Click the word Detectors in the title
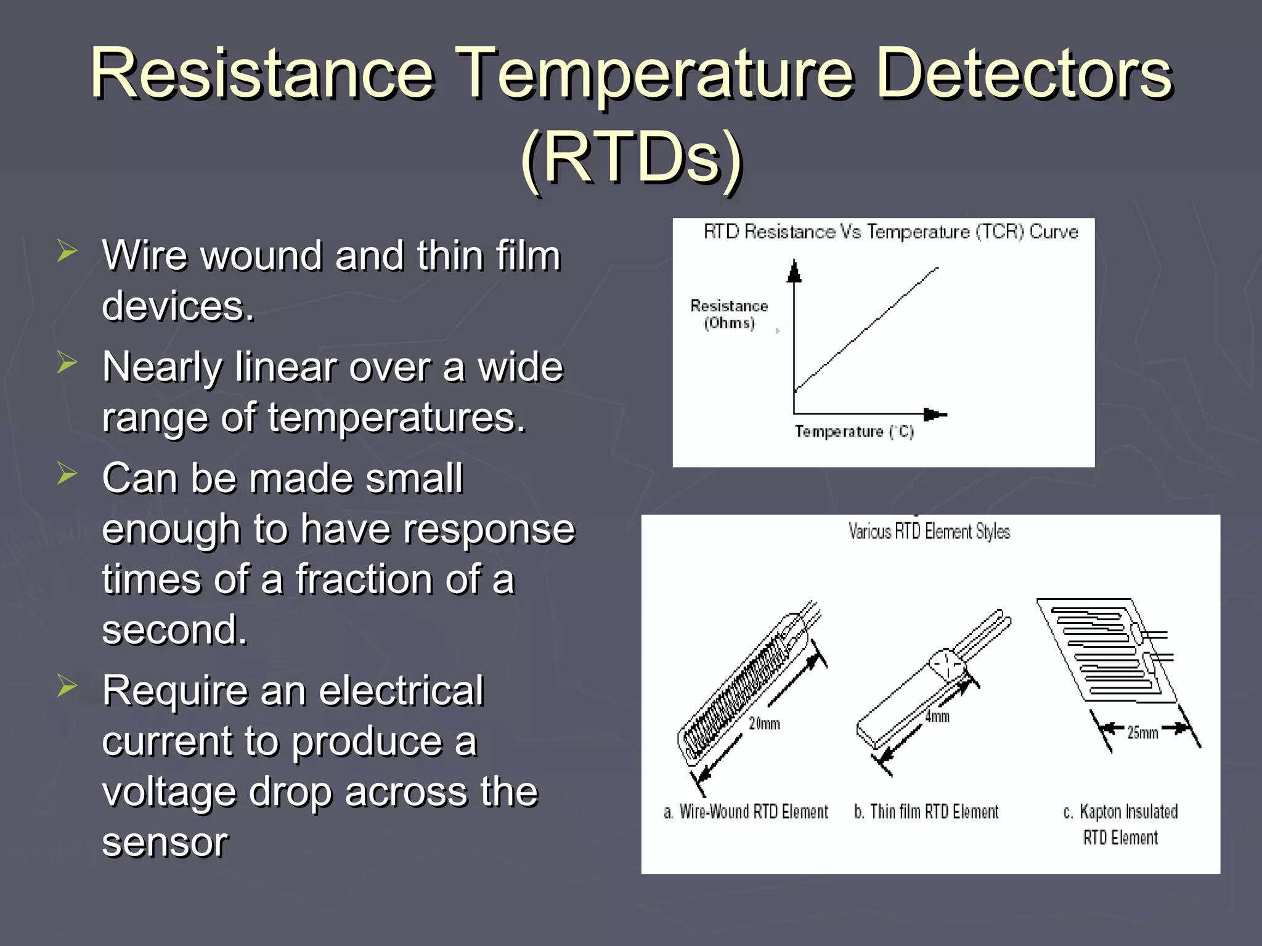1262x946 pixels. pos(1023,74)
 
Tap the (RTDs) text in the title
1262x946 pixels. pos(631,159)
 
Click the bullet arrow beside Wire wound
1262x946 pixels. pos(67,251)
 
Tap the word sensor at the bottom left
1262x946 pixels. pos(165,842)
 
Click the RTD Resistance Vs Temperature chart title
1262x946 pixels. pos(890,232)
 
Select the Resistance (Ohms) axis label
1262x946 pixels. pos(729,314)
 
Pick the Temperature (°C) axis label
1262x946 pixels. pos(853,432)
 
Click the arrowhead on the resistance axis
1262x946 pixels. pos(794,271)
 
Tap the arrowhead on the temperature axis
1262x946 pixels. pos(934,414)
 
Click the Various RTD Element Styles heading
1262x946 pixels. pos(929,532)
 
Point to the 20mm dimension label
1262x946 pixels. pos(764,724)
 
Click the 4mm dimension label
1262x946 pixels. pos(937,716)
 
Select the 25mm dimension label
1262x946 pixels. pos(1142,732)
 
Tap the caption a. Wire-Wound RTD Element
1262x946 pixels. pos(746,812)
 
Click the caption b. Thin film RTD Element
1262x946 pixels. pos(926,812)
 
